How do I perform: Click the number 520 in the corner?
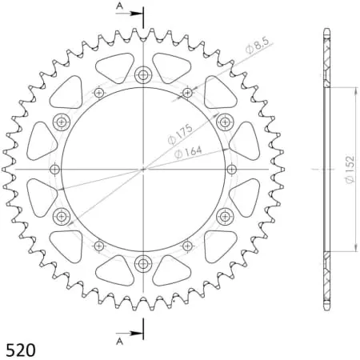pyautogui.click(x=20, y=350)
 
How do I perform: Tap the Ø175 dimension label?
pyautogui.click(x=178, y=134)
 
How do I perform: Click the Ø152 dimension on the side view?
pyautogui.click(x=350, y=169)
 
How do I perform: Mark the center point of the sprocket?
pyautogui.click(x=143, y=169)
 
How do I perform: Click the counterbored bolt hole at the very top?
pyautogui.click(x=143, y=76)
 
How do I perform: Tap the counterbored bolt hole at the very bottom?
pyautogui.click(x=143, y=262)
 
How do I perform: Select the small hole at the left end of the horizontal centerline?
pyautogui.click(x=54, y=169)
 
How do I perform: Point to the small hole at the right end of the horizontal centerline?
pyautogui.click(x=232, y=169)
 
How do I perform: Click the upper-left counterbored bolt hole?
pyautogui.click(x=62, y=122)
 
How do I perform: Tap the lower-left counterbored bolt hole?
pyautogui.click(x=62, y=215)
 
